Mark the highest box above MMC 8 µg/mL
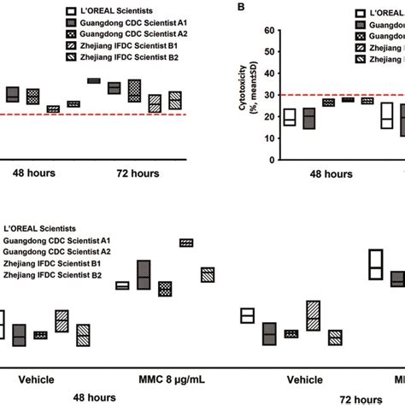coord(185,243)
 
